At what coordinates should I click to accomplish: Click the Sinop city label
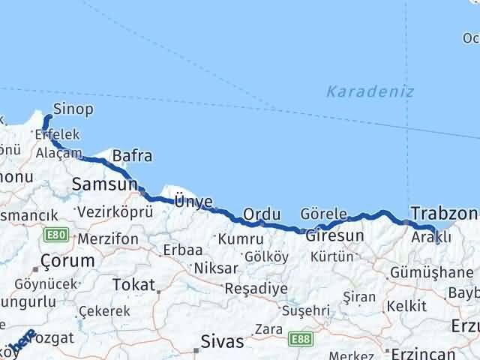[x=73, y=109]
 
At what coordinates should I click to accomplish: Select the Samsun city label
[x=104, y=184]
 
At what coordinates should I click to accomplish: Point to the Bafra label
[x=132, y=156]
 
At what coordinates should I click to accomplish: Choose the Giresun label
[x=334, y=235]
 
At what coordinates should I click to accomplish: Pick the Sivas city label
[x=222, y=342]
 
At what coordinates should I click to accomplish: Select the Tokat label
[x=132, y=284]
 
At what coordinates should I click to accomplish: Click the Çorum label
[x=67, y=261]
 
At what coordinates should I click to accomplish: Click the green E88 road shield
[x=301, y=339]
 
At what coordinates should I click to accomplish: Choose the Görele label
[x=323, y=213]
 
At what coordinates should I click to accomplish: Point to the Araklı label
[x=431, y=237]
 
